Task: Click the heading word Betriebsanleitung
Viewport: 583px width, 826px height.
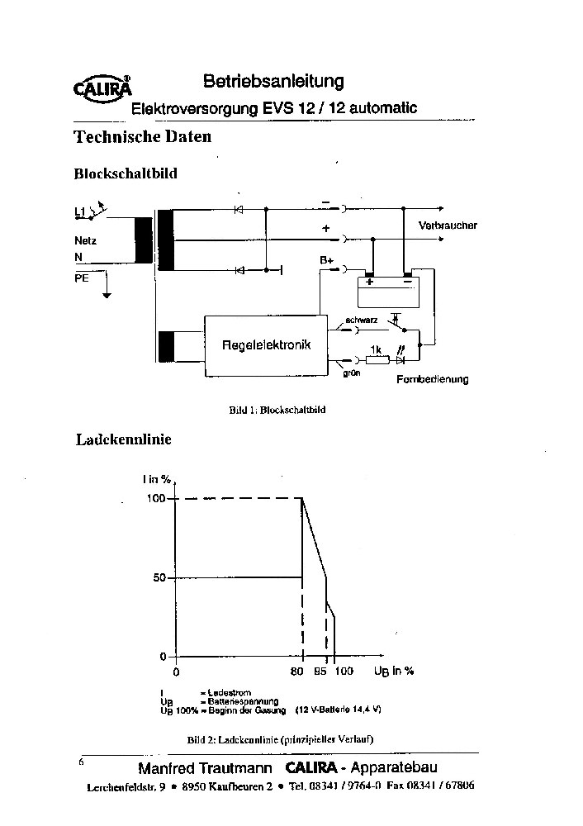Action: point(273,81)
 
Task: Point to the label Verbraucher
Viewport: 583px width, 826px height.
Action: point(448,225)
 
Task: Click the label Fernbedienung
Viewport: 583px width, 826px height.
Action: point(432,379)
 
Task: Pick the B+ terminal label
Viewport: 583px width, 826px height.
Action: point(326,260)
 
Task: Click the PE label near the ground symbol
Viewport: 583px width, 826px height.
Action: point(82,279)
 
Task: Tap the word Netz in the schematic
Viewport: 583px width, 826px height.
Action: point(85,240)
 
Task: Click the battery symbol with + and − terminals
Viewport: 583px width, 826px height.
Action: point(388,291)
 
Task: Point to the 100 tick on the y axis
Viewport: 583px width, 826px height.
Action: point(157,498)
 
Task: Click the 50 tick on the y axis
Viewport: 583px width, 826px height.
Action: point(159,577)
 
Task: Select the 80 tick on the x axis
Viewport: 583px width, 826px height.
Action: point(297,671)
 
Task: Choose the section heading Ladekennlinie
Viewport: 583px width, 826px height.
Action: point(123,439)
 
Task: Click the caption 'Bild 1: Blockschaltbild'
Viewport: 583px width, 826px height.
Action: point(277,409)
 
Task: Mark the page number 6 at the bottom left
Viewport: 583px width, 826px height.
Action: point(81,762)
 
